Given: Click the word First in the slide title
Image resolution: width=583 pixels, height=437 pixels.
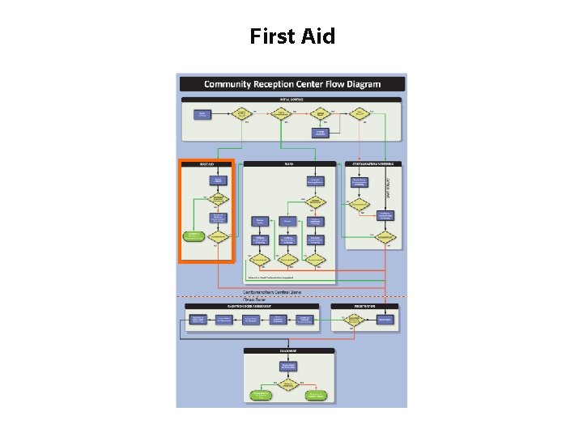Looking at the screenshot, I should pyautogui.click(x=271, y=36).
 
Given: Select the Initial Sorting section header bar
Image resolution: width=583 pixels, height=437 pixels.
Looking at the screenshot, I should pyautogui.click(x=291, y=100).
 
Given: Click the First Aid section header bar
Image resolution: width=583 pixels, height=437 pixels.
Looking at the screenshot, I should pyautogui.click(x=206, y=163).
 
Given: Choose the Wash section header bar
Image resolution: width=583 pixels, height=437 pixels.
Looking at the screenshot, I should pyautogui.click(x=289, y=163).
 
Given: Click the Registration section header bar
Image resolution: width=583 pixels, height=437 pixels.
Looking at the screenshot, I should pyautogui.click(x=366, y=307).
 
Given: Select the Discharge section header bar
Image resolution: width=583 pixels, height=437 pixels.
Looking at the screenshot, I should pyautogui.click(x=289, y=351).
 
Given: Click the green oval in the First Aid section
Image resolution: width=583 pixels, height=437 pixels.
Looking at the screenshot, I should pyautogui.click(x=194, y=236).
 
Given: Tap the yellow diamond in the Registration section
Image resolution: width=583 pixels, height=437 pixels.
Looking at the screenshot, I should pyautogui.click(x=353, y=320).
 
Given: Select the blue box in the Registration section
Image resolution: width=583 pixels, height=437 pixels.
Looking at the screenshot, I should pyautogui.click(x=386, y=320).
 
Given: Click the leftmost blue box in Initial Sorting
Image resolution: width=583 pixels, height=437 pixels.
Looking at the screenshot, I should pyautogui.click(x=203, y=114).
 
